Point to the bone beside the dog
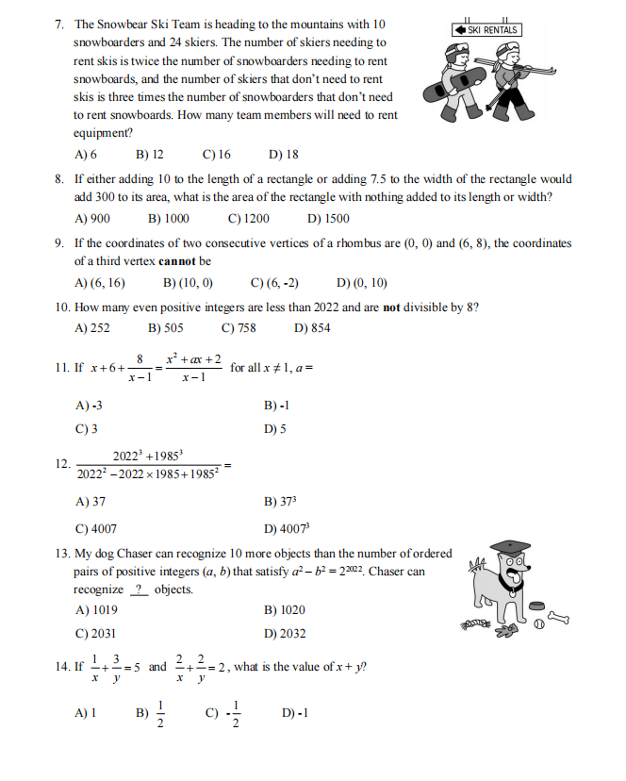[x=558, y=619]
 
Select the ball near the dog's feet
[x=539, y=625]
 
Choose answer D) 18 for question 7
[x=284, y=154]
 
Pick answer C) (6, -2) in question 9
[x=275, y=283]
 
